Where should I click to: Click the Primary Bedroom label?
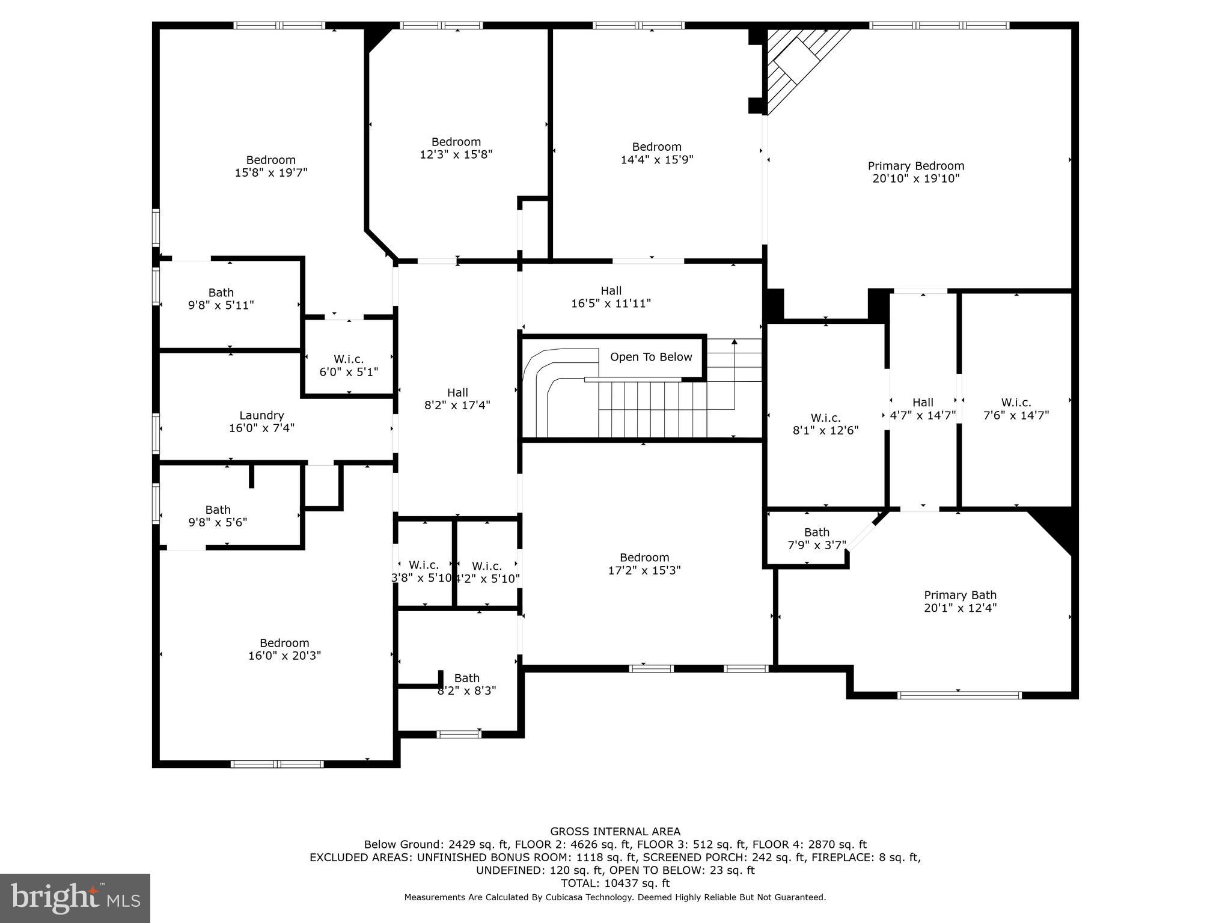pyautogui.click(x=915, y=166)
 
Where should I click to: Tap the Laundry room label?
pyautogui.click(x=261, y=415)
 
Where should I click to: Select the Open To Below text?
pyautogui.click(x=651, y=357)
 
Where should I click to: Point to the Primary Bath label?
pyautogui.click(x=960, y=595)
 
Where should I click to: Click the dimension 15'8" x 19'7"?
pyautogui.click(x=270, y=173)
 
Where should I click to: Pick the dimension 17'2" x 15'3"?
pyautogui.click(x=644, y=570)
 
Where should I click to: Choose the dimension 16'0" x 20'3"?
pyautogui.click(x=284, y=656)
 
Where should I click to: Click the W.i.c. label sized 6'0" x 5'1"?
pyautogui.click(x=349, y=359)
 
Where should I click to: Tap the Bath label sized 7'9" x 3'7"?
pyautogui.click(x=816, y=532)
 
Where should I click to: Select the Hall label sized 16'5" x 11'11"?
pyautogui.click(x=611, y=291)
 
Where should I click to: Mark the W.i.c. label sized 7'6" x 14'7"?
pyautogui.click(x=1016, y=403)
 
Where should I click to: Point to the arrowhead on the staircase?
pyautogui.click(x=734, y=342)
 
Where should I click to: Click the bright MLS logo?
pyautogui.click(x=75, y=898)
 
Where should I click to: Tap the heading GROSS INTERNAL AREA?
pyautogui.click(x=615, y=832)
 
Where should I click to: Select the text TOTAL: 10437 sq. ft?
pyautogui.click(x=615, y=883)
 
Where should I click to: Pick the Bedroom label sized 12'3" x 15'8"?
pyautogui.click(x=456, y=142)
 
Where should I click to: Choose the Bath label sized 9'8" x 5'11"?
pyautogui.click(x=221, y=293)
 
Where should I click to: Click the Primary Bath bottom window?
pyautogui.click(x=959, y=695)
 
